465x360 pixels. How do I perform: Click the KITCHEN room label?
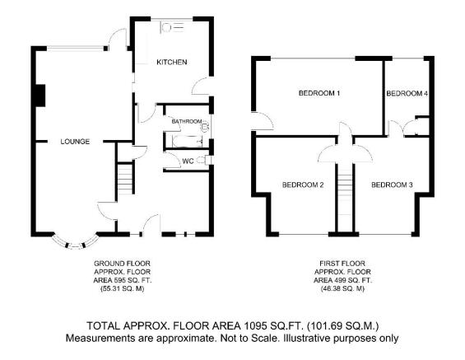(x=172, y=62)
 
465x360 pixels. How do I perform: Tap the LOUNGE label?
(x=75, y=142)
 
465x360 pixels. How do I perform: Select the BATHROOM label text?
(x=187, y=121)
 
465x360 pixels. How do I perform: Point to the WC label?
(x=188, y=161)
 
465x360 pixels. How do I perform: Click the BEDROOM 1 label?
(x=319, y=93)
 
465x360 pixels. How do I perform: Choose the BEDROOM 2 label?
(x=303, y=185)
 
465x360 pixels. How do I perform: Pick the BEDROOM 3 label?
(x=392, y=185)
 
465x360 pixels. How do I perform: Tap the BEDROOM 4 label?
(x=407, y=93)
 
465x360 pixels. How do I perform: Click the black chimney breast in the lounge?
(x=40, y=96)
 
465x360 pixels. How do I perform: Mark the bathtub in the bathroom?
(x=187, y=141)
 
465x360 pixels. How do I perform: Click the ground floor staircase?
(x=125, y=179)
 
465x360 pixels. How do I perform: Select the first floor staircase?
(x=345, y=190)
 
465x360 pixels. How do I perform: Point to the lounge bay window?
(x=76, y=244)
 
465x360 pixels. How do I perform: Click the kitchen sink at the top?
(x=173, y=27)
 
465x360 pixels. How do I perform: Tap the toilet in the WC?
(x=202, y=161)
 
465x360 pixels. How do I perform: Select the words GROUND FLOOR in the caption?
(x=122, y=264)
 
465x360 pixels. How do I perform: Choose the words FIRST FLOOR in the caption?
(x=342, y=264)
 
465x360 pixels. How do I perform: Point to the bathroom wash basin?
(x=205, y=128)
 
